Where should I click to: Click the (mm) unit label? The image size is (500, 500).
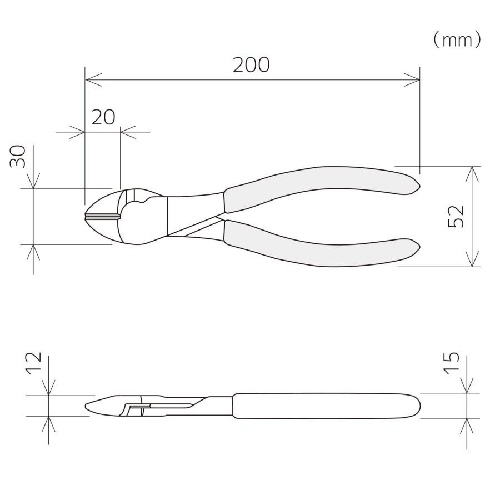tap(456, 39)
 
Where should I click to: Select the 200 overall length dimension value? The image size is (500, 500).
tap(251, 65)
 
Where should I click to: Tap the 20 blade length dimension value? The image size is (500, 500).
tap(103, 117)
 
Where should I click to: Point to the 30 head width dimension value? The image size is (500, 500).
tap(18, 157)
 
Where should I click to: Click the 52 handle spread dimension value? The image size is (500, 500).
tap(456, 216)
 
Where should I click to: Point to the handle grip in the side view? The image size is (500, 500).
tap(325, 406)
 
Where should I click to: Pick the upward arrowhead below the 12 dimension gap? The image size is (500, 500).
tap(49, 422)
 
